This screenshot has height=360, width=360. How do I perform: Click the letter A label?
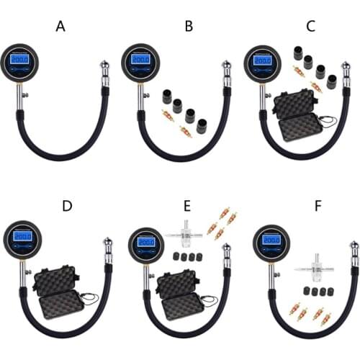[60, 27]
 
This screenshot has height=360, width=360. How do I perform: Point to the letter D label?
[66, 206]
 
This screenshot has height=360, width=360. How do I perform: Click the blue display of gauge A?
[21, 60]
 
